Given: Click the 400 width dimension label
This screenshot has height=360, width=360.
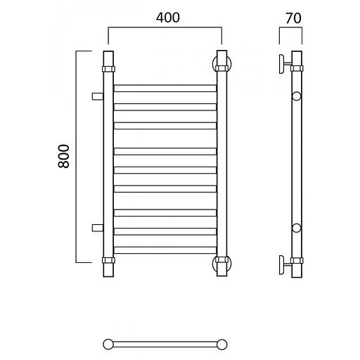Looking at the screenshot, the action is click(168, 18).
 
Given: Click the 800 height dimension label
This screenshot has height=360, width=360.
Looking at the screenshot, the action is click(63, 156).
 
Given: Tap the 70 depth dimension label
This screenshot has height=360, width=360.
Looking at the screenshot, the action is click(293, 18).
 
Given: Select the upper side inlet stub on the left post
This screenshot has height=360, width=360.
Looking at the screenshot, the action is click(98, 96).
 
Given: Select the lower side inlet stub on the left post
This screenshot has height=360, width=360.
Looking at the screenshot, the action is click(98, 228).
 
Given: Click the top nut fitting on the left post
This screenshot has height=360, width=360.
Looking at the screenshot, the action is click(108, 69).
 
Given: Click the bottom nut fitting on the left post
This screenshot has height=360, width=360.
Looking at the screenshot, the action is click(108, 260).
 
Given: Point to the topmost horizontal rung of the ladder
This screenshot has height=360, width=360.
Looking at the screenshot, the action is click(165, 88).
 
